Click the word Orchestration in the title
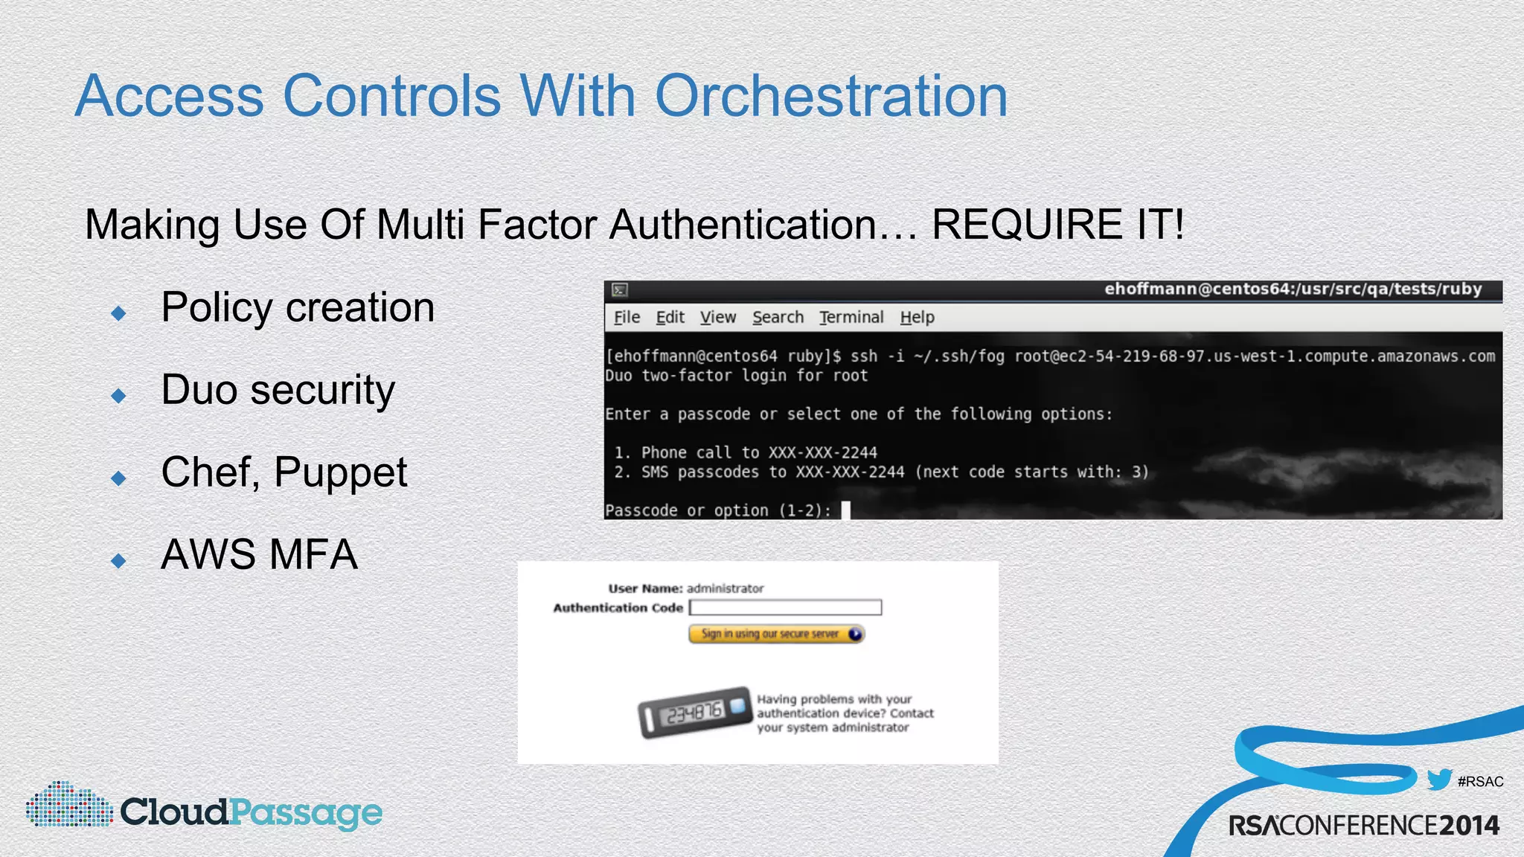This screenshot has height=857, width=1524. (x=831, y=96)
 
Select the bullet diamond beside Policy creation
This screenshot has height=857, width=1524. (x=118, y=313)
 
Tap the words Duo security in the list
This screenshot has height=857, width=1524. (x=278, y=390)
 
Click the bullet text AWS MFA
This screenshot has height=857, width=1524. (x=259, y=554)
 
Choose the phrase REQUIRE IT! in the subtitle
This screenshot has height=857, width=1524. (x=1057, y=225)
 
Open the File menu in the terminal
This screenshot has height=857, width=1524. (x=627, y=318)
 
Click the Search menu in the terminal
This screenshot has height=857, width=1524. (x=778, y=318)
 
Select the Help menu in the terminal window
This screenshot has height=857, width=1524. (x=917, y=318)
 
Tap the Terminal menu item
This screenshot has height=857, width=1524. (x=851, y=318)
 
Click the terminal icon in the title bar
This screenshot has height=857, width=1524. (x=619, y=289)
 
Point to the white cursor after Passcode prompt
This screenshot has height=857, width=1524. (x=845, y=510)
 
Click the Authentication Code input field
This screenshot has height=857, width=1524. (x=785, y=608)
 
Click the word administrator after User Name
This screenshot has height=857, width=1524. (x=725, y=588)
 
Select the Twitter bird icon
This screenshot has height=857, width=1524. (x=1439, y=780)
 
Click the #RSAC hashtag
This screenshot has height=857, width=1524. (x=1480, y=782)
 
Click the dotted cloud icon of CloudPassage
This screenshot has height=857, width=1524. (x=68, y=805)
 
